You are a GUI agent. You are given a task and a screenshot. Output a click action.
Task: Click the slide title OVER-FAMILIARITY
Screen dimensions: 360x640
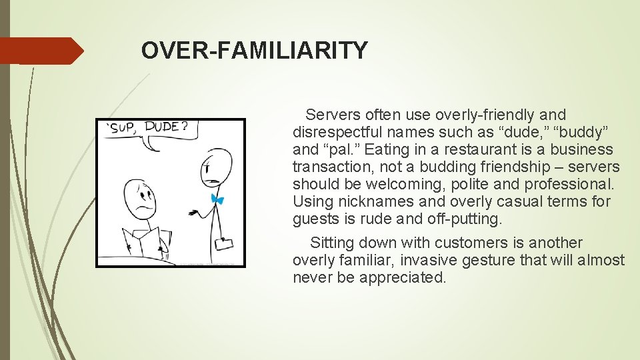point(254,51)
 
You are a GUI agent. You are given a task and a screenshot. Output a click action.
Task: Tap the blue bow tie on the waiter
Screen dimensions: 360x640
point(216,198)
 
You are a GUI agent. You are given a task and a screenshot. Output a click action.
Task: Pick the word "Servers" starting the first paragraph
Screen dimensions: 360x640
point(331,115)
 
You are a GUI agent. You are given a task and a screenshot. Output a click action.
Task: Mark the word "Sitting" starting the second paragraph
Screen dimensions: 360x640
point(333,243)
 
